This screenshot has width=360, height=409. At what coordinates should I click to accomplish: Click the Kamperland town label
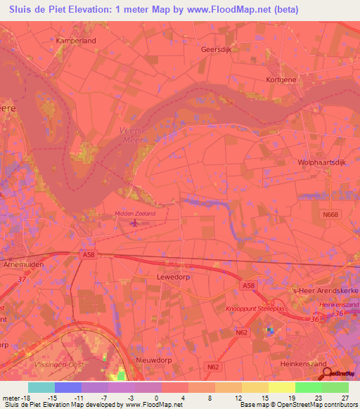point(75,41)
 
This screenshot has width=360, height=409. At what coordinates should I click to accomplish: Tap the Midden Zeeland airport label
point(134,214)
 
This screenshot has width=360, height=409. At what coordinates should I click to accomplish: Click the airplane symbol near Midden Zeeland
point(134,223)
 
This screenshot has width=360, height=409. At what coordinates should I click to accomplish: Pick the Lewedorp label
point(172,278)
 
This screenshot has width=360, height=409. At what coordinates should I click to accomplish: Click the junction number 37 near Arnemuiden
point(21,279)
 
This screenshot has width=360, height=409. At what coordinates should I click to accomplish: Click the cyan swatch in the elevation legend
point(41,387)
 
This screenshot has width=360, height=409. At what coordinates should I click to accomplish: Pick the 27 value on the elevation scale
point(344,398)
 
